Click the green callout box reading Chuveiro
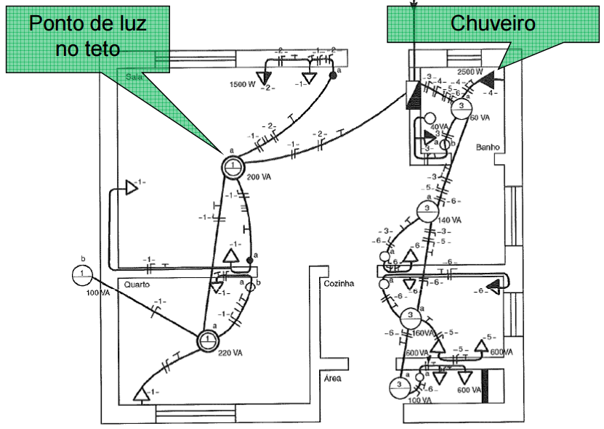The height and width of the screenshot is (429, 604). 493,25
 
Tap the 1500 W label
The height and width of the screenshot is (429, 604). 242,84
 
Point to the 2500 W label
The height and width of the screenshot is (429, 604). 470,72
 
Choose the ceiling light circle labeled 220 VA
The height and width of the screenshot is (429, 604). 208,339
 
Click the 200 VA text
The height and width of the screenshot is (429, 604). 259,177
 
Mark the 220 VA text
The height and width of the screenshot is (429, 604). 230,353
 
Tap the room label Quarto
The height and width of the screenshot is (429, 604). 137,285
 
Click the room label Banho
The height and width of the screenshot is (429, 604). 486,147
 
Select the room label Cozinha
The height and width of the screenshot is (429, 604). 339,284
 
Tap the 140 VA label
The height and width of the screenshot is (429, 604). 449,219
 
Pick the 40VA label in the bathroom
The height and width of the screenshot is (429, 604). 439,126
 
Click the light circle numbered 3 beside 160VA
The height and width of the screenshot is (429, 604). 411,317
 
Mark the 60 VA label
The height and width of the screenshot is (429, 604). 480,117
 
